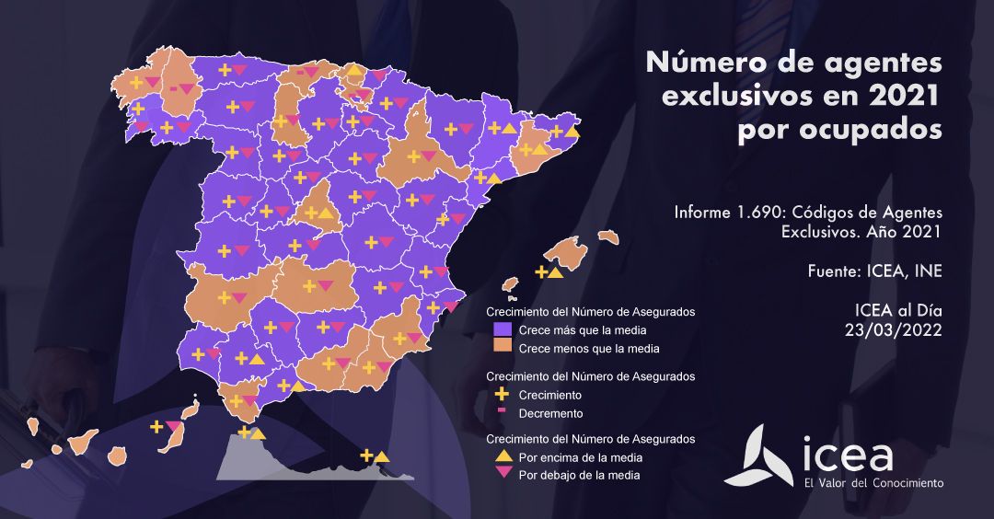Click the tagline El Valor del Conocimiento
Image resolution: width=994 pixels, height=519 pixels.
pos(873,483)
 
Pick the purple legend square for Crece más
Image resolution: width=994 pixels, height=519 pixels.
pos(503,329)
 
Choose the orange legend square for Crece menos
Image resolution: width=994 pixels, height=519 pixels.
pos(503,348)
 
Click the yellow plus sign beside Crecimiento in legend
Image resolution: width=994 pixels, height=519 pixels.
pos(503,394)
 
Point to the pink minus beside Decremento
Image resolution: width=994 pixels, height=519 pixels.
pos(503,412)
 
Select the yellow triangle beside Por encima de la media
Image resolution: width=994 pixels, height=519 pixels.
pos(503,457)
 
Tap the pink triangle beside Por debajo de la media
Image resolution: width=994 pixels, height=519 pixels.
pos(503,475)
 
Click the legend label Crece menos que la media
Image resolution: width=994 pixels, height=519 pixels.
pos(589,349)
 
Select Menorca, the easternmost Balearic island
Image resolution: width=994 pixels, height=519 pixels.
pos(607,236)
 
